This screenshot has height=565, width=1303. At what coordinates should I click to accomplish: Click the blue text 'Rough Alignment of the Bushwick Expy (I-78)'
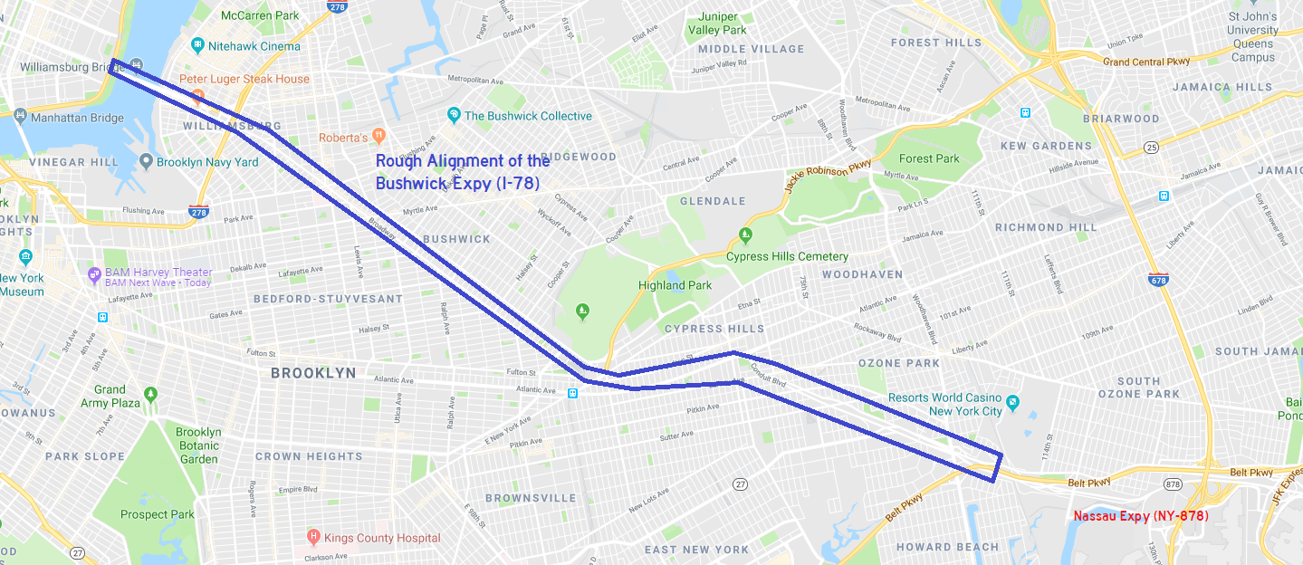tap(462, 172)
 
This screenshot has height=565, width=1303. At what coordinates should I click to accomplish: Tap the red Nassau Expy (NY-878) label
tap(1141, 516)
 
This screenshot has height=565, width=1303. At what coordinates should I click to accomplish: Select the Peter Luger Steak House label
tap(244, 79)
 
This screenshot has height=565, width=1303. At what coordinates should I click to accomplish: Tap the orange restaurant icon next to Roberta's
tap(378, 136)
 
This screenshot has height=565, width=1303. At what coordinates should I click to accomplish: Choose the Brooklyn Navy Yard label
tap(207, 162)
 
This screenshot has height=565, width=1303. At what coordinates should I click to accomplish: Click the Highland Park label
tap(675, 285)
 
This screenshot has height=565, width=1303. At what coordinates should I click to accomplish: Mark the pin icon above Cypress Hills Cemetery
tap(745, 235)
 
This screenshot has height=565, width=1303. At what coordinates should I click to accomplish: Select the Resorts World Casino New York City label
tap(944, 404)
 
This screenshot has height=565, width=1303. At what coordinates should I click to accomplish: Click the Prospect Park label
tap(158, 514)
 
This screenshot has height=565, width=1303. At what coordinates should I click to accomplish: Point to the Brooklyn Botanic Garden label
tap(198, 445)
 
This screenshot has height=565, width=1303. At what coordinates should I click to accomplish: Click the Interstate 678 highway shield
tap(1156, 280)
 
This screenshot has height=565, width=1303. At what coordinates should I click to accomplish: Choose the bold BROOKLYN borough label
tap(313, 373)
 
